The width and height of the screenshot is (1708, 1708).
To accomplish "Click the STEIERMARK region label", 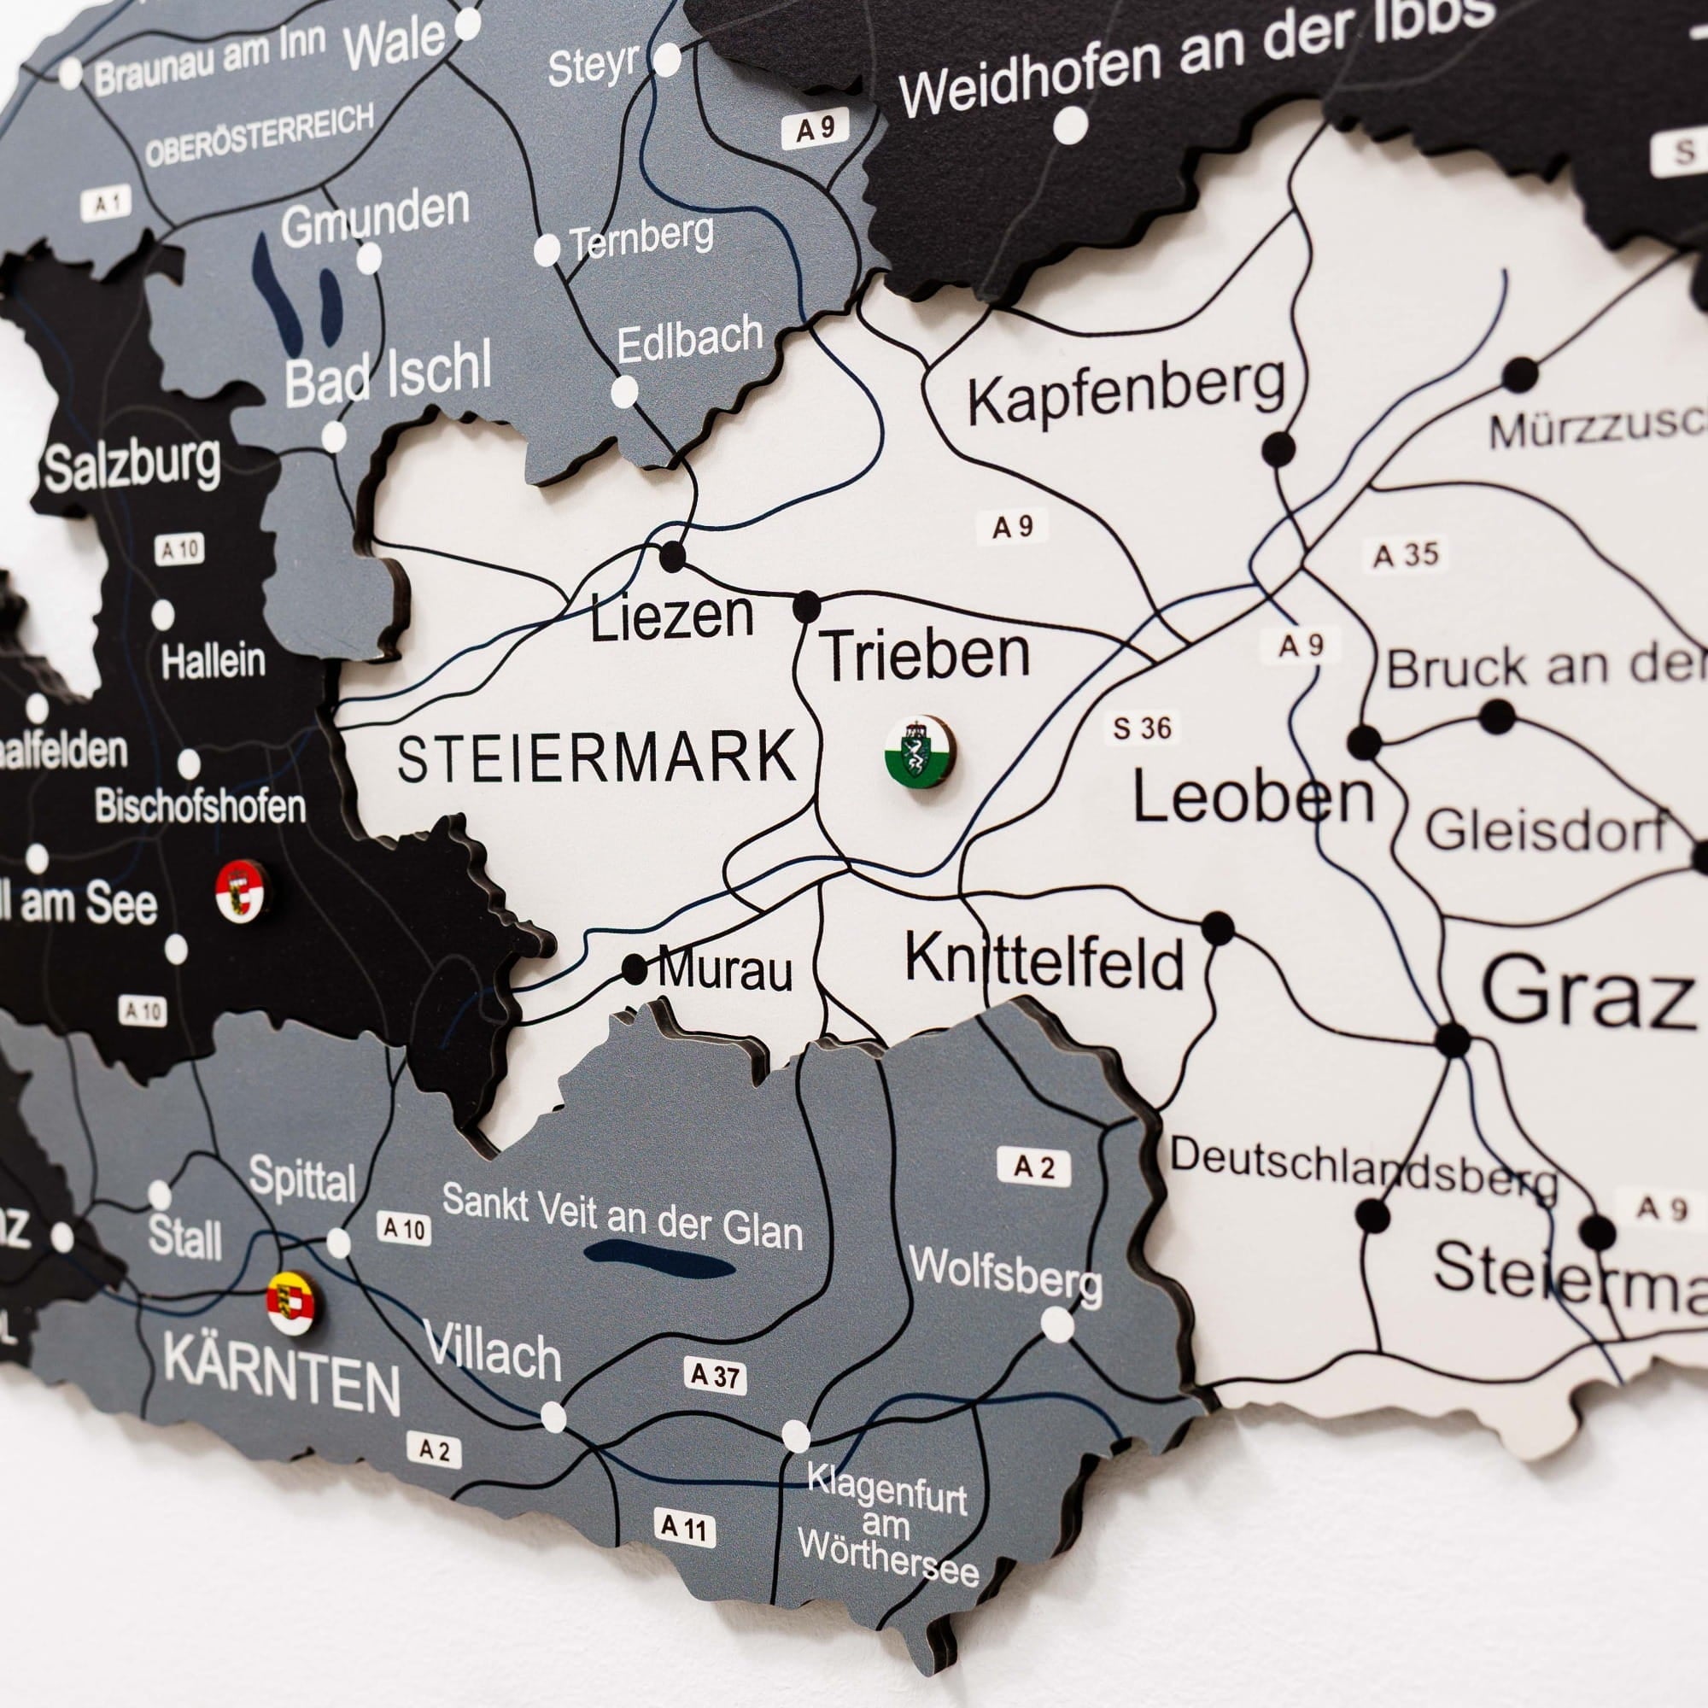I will pos(597,758).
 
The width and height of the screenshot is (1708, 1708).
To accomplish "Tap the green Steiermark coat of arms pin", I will pos(922,750).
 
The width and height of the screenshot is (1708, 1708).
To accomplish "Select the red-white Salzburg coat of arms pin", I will pos(241,893).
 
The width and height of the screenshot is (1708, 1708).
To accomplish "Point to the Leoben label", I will pos(1253,798).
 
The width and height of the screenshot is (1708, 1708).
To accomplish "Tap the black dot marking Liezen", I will pos(673,556).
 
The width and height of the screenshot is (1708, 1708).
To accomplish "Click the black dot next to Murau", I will pos(634,969).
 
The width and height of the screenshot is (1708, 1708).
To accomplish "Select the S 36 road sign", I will pos(1142,728).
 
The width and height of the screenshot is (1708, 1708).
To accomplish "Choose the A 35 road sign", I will pos(1406,555).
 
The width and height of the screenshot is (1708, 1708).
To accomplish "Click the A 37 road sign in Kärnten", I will pos(715,1377).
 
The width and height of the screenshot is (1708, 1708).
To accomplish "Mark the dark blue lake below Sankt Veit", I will pos(658,1259).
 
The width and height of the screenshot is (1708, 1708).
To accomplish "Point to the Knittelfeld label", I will pos(1044,962).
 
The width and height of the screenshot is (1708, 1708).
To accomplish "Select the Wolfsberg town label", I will pos(1005,1277).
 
